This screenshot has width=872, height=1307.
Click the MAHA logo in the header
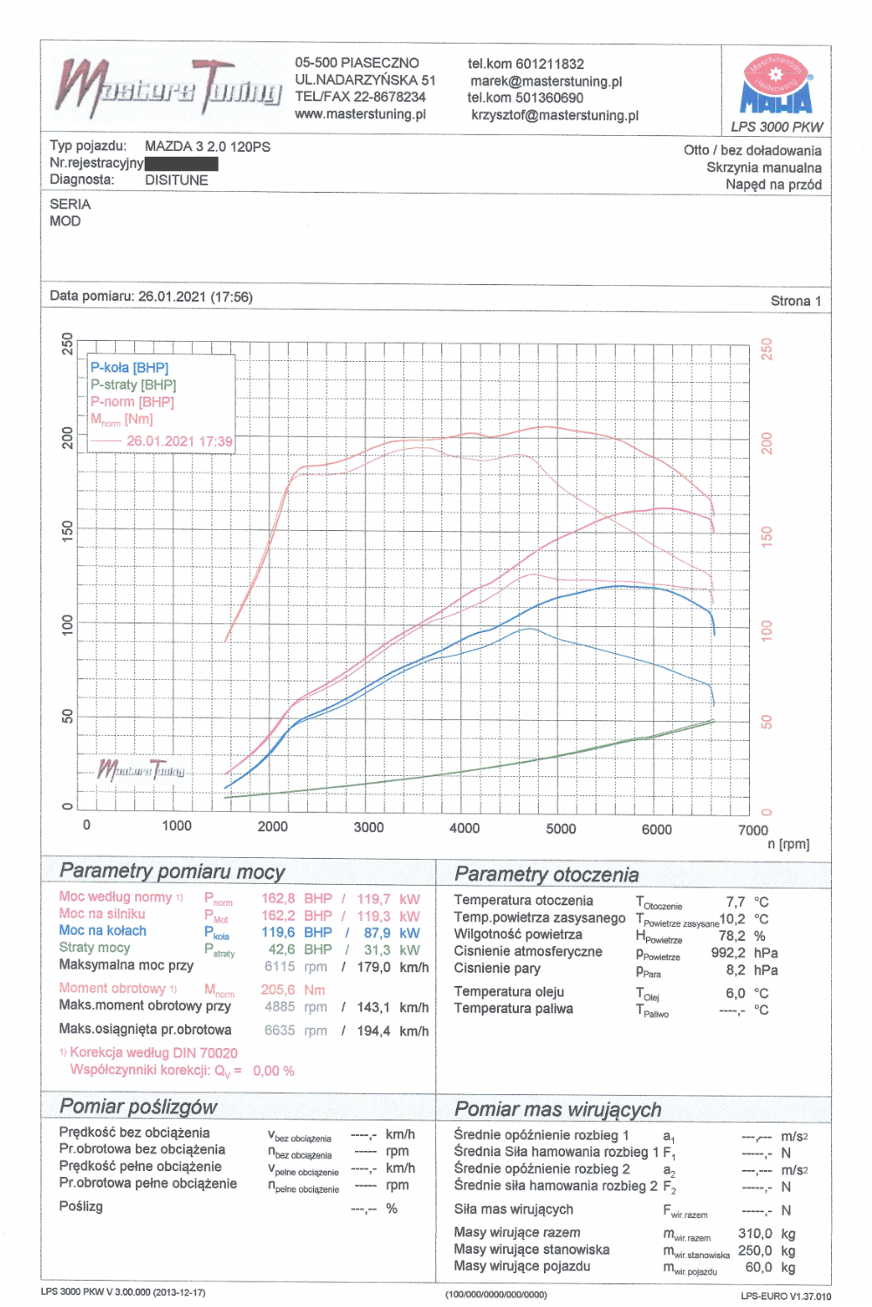tap(775, 85)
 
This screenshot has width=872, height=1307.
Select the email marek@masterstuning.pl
tap(546, 81)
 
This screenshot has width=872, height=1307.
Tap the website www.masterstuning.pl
tap(360, 114)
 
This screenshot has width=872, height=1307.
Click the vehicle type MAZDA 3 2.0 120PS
tap(208, 146)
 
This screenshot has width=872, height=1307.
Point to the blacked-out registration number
tap(181, 163)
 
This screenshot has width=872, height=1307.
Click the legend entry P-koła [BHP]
tap(129, 368)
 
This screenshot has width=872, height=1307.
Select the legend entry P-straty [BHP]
tap(133, 385)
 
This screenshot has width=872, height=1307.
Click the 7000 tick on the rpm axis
tap(753, 830)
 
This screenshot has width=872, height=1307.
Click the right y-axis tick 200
tap(767, 443)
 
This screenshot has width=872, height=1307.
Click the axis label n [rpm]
tap(788, 844)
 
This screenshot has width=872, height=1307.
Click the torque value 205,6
tap(278, 990)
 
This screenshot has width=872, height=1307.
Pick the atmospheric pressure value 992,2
tap(728, 953)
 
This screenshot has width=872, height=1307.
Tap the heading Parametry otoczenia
tap(547, 875)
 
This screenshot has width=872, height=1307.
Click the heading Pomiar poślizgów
tap(139, 1106)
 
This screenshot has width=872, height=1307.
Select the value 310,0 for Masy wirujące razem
tap(755, 1234)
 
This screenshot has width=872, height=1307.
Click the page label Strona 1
tap(795, 301)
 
